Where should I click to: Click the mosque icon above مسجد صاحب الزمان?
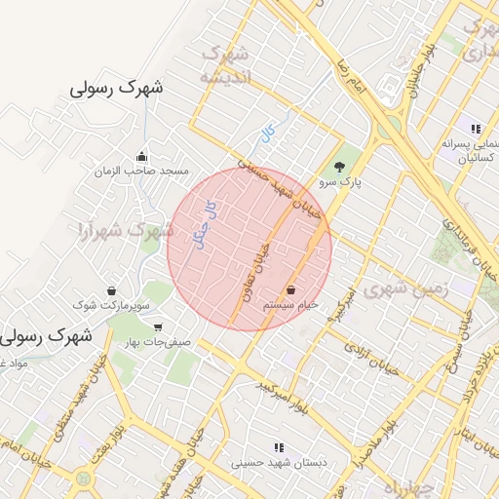click(142, 156)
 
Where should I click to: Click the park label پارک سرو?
click(339, 181)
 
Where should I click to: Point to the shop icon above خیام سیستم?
click(291, 289)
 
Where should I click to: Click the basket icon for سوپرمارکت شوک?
click(111, 290)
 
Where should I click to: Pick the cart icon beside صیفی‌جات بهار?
click(157, 327)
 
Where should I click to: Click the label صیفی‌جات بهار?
click(160, 343)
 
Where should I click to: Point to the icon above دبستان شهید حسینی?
click(280, 447)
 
